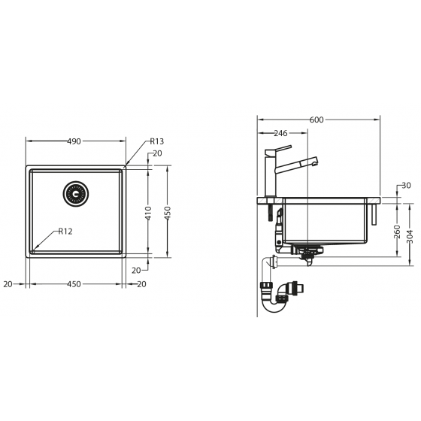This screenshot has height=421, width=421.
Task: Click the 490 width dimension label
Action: click(x=74, y=141)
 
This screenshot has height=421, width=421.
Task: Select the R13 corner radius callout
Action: click(x=156, y=141)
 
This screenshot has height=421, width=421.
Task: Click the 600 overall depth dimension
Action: click(x=317, y=120)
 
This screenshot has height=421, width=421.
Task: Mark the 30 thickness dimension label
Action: click(x=406, y=186)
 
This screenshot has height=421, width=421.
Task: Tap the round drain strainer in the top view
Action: click(x=76, y=193)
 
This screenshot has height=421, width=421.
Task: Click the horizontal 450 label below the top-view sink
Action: click(x=74, y=284)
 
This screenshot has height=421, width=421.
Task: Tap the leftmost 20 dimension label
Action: click(x=8, y=284)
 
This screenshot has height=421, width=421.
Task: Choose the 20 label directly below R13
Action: click(x=156, y=153)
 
